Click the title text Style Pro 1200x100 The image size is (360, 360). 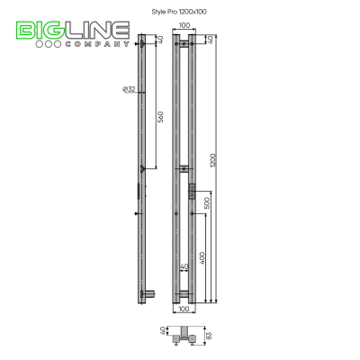(x=179, y=12)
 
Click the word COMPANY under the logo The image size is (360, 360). (x=97, y=44)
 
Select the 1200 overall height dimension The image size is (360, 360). (x=213, y=160)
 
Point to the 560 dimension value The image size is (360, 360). (x=160, y=117)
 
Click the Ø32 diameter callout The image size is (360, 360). (x=129, y=89)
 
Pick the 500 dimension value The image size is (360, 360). (x=207, y=202)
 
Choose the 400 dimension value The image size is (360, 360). (x=202, y=258)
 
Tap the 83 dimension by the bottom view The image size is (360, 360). (x=209, y=336)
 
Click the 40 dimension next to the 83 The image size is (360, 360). (x=163, y=331)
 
